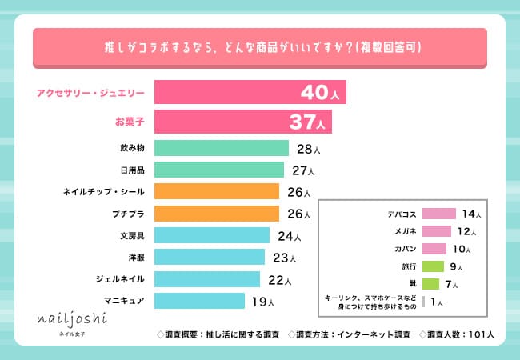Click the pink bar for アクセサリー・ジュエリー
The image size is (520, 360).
[224, 92]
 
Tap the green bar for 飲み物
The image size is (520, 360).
[221, 148]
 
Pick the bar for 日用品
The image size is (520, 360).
[218, 170]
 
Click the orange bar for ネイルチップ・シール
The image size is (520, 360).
[216, 191]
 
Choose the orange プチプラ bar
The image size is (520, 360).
[216, 214]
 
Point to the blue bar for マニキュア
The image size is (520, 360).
[198, 301]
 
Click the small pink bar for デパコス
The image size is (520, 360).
[438, 214]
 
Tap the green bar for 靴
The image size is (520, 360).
[430, 284]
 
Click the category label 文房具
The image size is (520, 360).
[131, 235]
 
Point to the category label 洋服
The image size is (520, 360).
[136, 257]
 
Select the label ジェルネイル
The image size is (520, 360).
[121, 278]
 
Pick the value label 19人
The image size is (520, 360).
[262, 302]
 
